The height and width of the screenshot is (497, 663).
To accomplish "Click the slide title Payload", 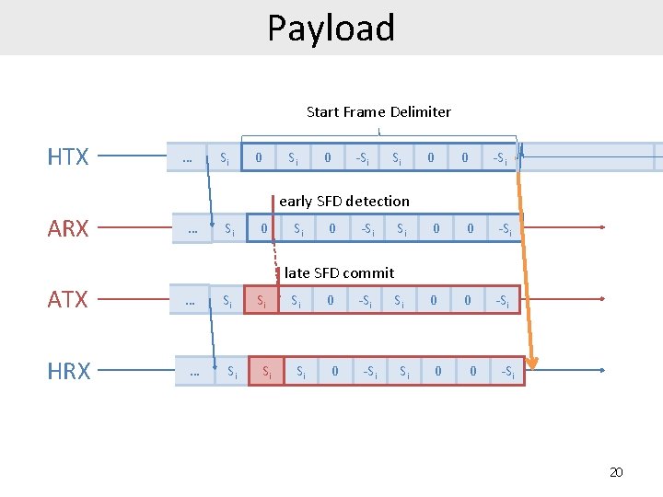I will click(331, 28).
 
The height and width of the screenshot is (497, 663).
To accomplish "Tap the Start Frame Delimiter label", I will click(378, 111).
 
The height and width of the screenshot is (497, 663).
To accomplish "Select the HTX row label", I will click(68, 157).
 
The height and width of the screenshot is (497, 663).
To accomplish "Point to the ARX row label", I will click(68, 228).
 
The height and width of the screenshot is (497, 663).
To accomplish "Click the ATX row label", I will click(68, 299).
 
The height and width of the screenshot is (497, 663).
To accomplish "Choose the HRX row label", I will click(68, 371).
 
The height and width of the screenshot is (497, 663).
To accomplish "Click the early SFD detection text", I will click(343, 201).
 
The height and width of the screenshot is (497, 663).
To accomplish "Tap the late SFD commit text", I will click(339, 272).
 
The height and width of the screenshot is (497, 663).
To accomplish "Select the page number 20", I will click(616, 472).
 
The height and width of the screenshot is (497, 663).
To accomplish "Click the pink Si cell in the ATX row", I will click(262, 300).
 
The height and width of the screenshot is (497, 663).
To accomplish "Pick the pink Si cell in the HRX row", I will click(267, 371).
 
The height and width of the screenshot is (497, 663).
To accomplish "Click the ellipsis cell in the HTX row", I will click(187, 157).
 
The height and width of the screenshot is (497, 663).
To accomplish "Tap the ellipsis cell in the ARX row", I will click(192, 228).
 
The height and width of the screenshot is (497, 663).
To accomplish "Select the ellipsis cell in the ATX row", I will click(189, 300).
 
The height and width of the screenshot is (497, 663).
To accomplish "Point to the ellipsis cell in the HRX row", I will click(193, 372).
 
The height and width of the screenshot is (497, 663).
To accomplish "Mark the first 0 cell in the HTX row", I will click(258, 157).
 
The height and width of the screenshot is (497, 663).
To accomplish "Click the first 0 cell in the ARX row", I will click(264, 228).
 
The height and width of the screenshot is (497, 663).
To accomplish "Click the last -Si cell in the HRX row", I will click(507, 372).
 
